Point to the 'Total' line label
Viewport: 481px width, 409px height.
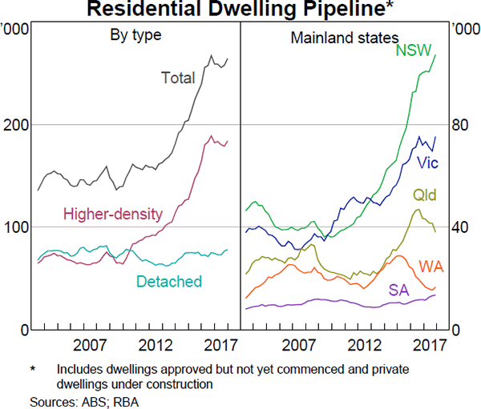pos(178,78)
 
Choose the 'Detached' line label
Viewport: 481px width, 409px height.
pos(168,281)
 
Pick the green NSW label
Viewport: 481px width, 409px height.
pos(414,50)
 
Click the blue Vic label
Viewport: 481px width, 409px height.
pos(427,162)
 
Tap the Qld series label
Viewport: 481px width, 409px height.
pos(425,195)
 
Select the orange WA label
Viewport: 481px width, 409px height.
pos(431,265)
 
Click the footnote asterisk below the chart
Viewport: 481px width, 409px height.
pos(34,370)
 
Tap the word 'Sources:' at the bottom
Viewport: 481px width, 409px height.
pos(48,400)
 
